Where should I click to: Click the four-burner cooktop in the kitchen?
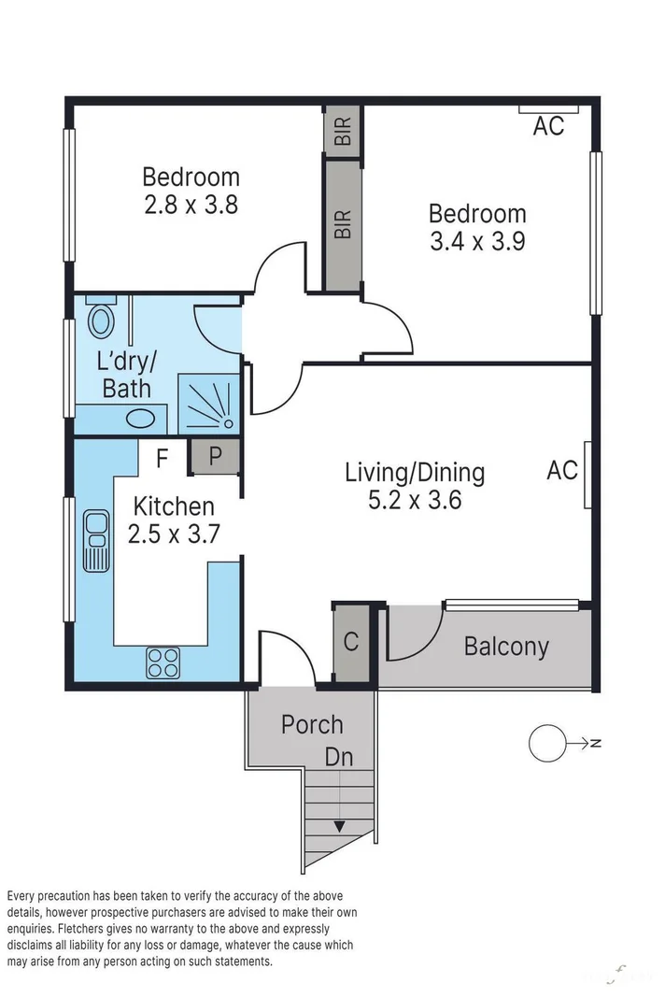coord(163,663)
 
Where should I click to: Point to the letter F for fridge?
coord(162,459)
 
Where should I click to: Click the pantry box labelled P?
coord(215,457)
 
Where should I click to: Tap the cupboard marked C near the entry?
coord(351,642)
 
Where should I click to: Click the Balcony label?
coord(506,646)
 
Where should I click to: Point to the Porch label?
coord(312,724)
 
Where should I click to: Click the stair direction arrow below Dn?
coord(339,826)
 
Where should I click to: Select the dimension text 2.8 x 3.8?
coord(191,204)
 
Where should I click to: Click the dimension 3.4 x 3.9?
coord(476,241)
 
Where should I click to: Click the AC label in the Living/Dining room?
coord(562,470)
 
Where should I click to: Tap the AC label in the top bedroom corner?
coord(548,126)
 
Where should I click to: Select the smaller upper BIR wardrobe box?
coord(343,130)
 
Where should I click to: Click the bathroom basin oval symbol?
coord(141,418)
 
